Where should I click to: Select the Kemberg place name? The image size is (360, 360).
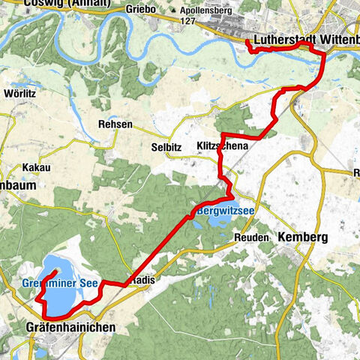[x=304, y=237]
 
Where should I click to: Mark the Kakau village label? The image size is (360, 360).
[x=36, y=167]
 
